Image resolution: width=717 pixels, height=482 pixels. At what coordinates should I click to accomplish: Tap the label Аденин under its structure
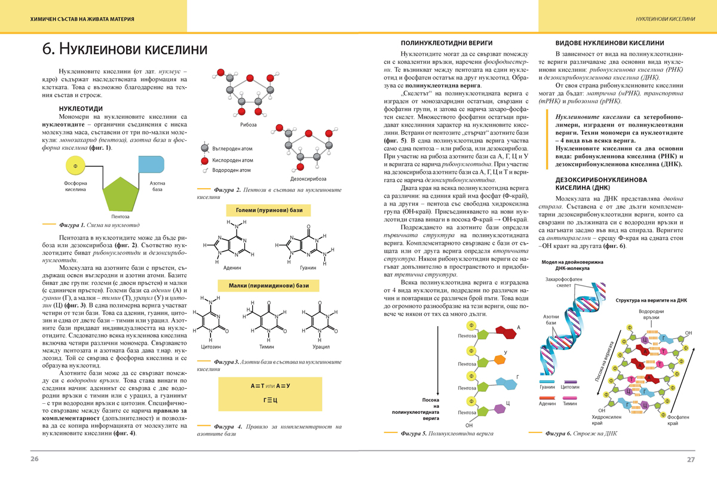232,268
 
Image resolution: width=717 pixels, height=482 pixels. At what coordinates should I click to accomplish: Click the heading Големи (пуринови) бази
269,210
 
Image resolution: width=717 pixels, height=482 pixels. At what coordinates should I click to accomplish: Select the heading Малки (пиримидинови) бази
269,286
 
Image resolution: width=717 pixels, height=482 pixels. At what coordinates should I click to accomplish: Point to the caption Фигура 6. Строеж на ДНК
577,433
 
